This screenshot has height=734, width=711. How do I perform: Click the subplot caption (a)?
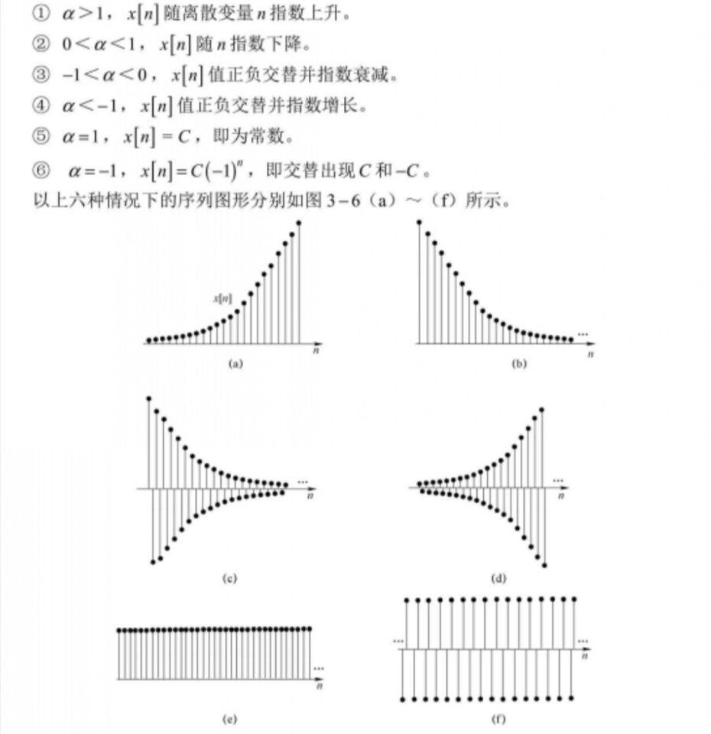pos(236,365)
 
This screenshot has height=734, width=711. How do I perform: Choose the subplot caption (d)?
pos(499,579)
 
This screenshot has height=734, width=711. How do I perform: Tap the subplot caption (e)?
pos(229,719)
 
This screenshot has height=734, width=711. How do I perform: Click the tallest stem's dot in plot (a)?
pos(298,222)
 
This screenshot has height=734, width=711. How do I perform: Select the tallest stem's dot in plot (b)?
pos(419,222)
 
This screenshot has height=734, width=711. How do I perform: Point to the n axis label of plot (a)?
pos(315,352)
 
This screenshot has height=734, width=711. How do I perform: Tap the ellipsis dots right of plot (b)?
pos(583,334)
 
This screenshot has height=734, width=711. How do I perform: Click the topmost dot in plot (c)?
pos(148,398)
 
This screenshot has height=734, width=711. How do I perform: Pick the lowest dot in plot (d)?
pos(544,566)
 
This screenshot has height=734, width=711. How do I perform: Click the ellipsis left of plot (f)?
pos(398,641)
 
